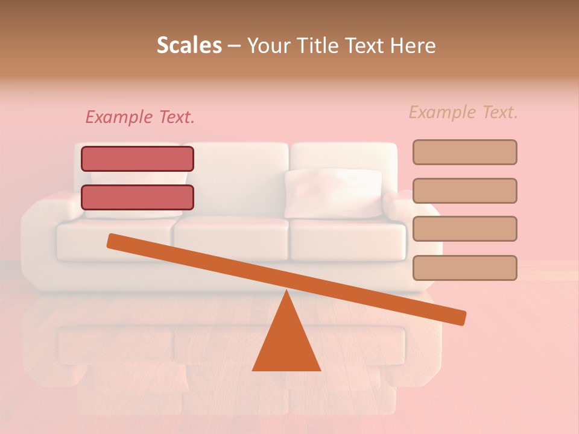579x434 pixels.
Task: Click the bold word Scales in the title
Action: (x=189, y=46)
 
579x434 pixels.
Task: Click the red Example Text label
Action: (x=140, y=118)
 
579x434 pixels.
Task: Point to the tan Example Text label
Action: (x=463, y=112)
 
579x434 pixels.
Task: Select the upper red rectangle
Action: (x=138, y=159)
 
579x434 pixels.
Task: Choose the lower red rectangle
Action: (x=138, y=197)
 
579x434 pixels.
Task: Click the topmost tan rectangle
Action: (x=464, y=152)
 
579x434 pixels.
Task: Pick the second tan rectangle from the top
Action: (x=464, y=190)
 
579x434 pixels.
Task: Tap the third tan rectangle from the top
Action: (x=464, y=229)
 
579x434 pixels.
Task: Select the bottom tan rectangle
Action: (x=464, y=268)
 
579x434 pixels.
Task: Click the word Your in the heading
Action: (x=268, y=46)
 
